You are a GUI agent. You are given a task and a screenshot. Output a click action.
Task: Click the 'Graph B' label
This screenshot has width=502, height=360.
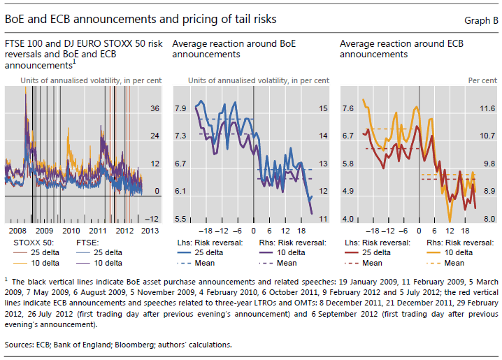[480, 20]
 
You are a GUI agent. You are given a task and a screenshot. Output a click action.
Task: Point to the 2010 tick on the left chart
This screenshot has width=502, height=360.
[71, 230]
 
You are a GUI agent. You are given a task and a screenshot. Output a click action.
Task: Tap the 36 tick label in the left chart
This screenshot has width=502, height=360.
[155, 108]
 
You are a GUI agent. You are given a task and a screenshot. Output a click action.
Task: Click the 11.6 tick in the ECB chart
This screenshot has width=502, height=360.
[487, 108]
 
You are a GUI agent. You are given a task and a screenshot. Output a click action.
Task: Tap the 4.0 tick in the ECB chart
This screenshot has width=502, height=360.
[347, 219]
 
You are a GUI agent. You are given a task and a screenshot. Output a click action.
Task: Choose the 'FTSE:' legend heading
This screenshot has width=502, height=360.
[87, 243]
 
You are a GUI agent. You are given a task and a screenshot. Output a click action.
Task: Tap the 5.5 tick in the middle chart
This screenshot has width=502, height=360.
[181, 219]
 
